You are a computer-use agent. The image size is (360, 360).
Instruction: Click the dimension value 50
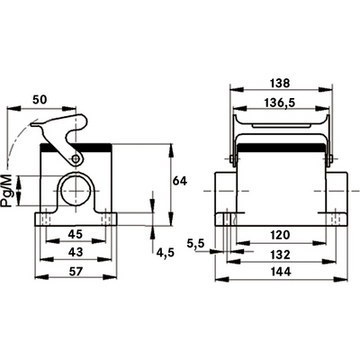pyautogui.click(x=41, y=99)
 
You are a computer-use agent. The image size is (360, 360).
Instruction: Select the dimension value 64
pyautogui.click(x=180, y=181)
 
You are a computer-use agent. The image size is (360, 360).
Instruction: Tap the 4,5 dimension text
pyautogui.click(x=165, y=253)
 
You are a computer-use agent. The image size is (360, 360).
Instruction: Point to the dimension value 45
pyautogui.click(x=75, y=234)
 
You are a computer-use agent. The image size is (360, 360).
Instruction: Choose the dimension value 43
pyautogui.click(x=75, y=252)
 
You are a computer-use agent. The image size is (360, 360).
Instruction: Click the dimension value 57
pyautogui.click(x=76, y=272)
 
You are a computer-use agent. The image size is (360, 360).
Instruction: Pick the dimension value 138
pyautogui.click(x=280, y=83)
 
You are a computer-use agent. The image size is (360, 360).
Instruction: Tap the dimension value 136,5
pyautogui.click(x=280, y=103)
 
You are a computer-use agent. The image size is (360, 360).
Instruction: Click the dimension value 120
pyautogui.click(x=280, y=235)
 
